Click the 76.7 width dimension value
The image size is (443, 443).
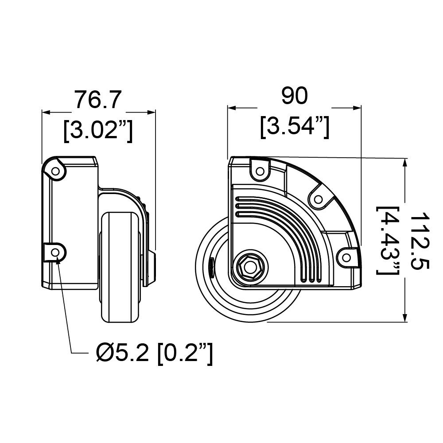(97, 99)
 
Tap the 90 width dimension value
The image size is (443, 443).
(294, 96)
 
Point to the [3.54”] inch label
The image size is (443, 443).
(295, 127)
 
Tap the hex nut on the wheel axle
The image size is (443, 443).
(248, 268)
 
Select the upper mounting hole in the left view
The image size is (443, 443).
(56, 170)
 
